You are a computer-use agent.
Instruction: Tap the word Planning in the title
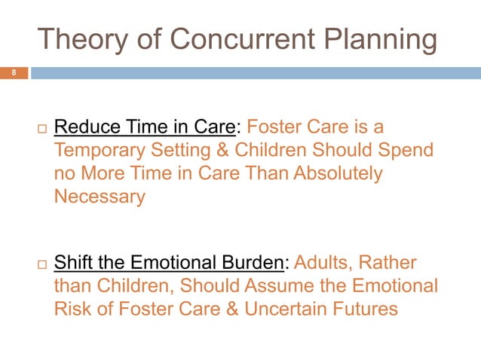379,40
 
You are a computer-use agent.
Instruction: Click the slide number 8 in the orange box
13,73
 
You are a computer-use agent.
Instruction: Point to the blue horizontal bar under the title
255,73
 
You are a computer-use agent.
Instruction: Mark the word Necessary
100,197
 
